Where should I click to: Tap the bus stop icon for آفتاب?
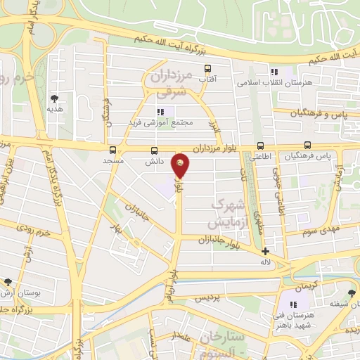tap(207, 68)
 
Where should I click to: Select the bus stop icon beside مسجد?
tap(112, 150)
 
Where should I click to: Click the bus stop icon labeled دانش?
tap(155, 150)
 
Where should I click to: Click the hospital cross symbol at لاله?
tap(265, 251)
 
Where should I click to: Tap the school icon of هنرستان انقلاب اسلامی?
tap(274, 72)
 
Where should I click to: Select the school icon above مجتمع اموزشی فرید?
tap(160, 111)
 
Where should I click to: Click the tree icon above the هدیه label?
tap(54, 98)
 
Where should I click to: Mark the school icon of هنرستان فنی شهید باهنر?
tap(293, 304)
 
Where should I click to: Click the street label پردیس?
tap(207, 298)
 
